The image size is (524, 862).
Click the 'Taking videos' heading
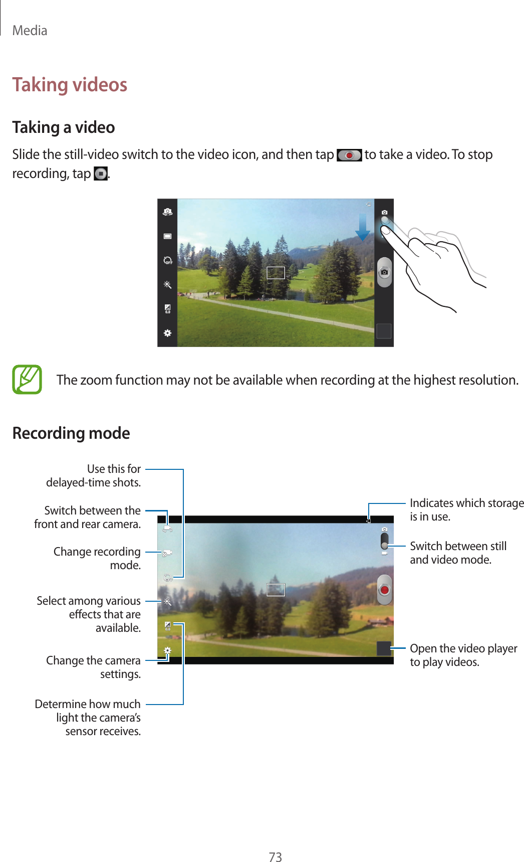[70, 85]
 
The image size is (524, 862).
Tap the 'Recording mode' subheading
[71, 433]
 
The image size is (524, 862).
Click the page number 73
[275, 856]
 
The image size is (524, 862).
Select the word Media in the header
[30, 31]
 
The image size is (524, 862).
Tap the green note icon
[27, 380]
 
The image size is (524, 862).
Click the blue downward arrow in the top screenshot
[362, 227]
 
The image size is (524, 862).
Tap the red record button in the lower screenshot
[384, 590]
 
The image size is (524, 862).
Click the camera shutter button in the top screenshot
[384, 272]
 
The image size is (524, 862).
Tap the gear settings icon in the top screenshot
[167, 333]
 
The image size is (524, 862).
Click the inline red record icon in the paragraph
[349, 155]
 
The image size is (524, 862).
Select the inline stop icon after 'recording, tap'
[101, 174]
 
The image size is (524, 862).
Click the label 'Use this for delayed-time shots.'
[94, 475]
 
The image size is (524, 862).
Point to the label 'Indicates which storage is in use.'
[466, 509]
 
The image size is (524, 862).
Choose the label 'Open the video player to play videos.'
[463, 655]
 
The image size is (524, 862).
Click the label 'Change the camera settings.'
[94, 667]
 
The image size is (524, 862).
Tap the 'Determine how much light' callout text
[88, 717]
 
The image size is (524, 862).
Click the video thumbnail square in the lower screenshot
[384, 648]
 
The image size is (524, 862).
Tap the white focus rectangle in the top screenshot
[276, 273]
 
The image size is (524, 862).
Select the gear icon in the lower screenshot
[167, 650]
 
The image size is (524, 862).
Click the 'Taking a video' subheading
[64, 127]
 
